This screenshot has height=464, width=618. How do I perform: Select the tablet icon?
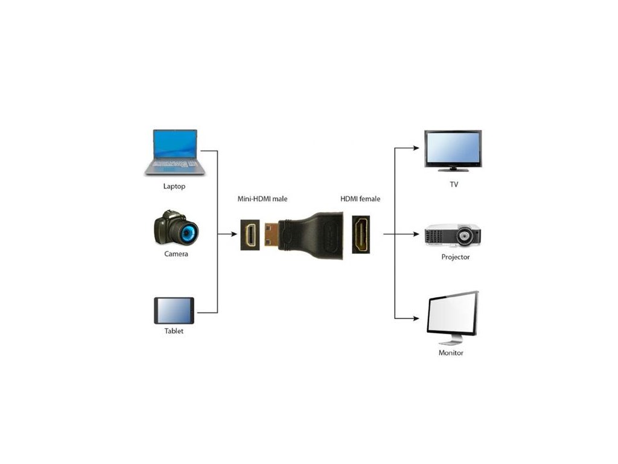click(x=174, y=311)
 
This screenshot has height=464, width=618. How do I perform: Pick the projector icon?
click(x=453, y=235)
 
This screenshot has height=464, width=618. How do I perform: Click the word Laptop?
click(x=174, y=186)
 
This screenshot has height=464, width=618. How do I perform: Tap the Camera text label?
click(x=176, y=254)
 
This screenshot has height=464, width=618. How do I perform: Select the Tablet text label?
click(x=174, y=331)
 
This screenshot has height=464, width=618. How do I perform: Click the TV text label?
click(x=453, y=184)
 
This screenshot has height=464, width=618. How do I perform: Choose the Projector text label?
click(x=455, y=257)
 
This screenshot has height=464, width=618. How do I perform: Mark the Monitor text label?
click(x=451, y=353)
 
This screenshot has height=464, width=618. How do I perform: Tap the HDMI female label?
click(x=360, y=198)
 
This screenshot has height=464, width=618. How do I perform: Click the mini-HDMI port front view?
click(x=250, y=234)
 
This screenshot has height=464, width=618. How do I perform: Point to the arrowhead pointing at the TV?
click(x=416, y=147)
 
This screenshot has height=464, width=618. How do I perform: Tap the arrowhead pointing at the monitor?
click(x=416, y=318)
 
